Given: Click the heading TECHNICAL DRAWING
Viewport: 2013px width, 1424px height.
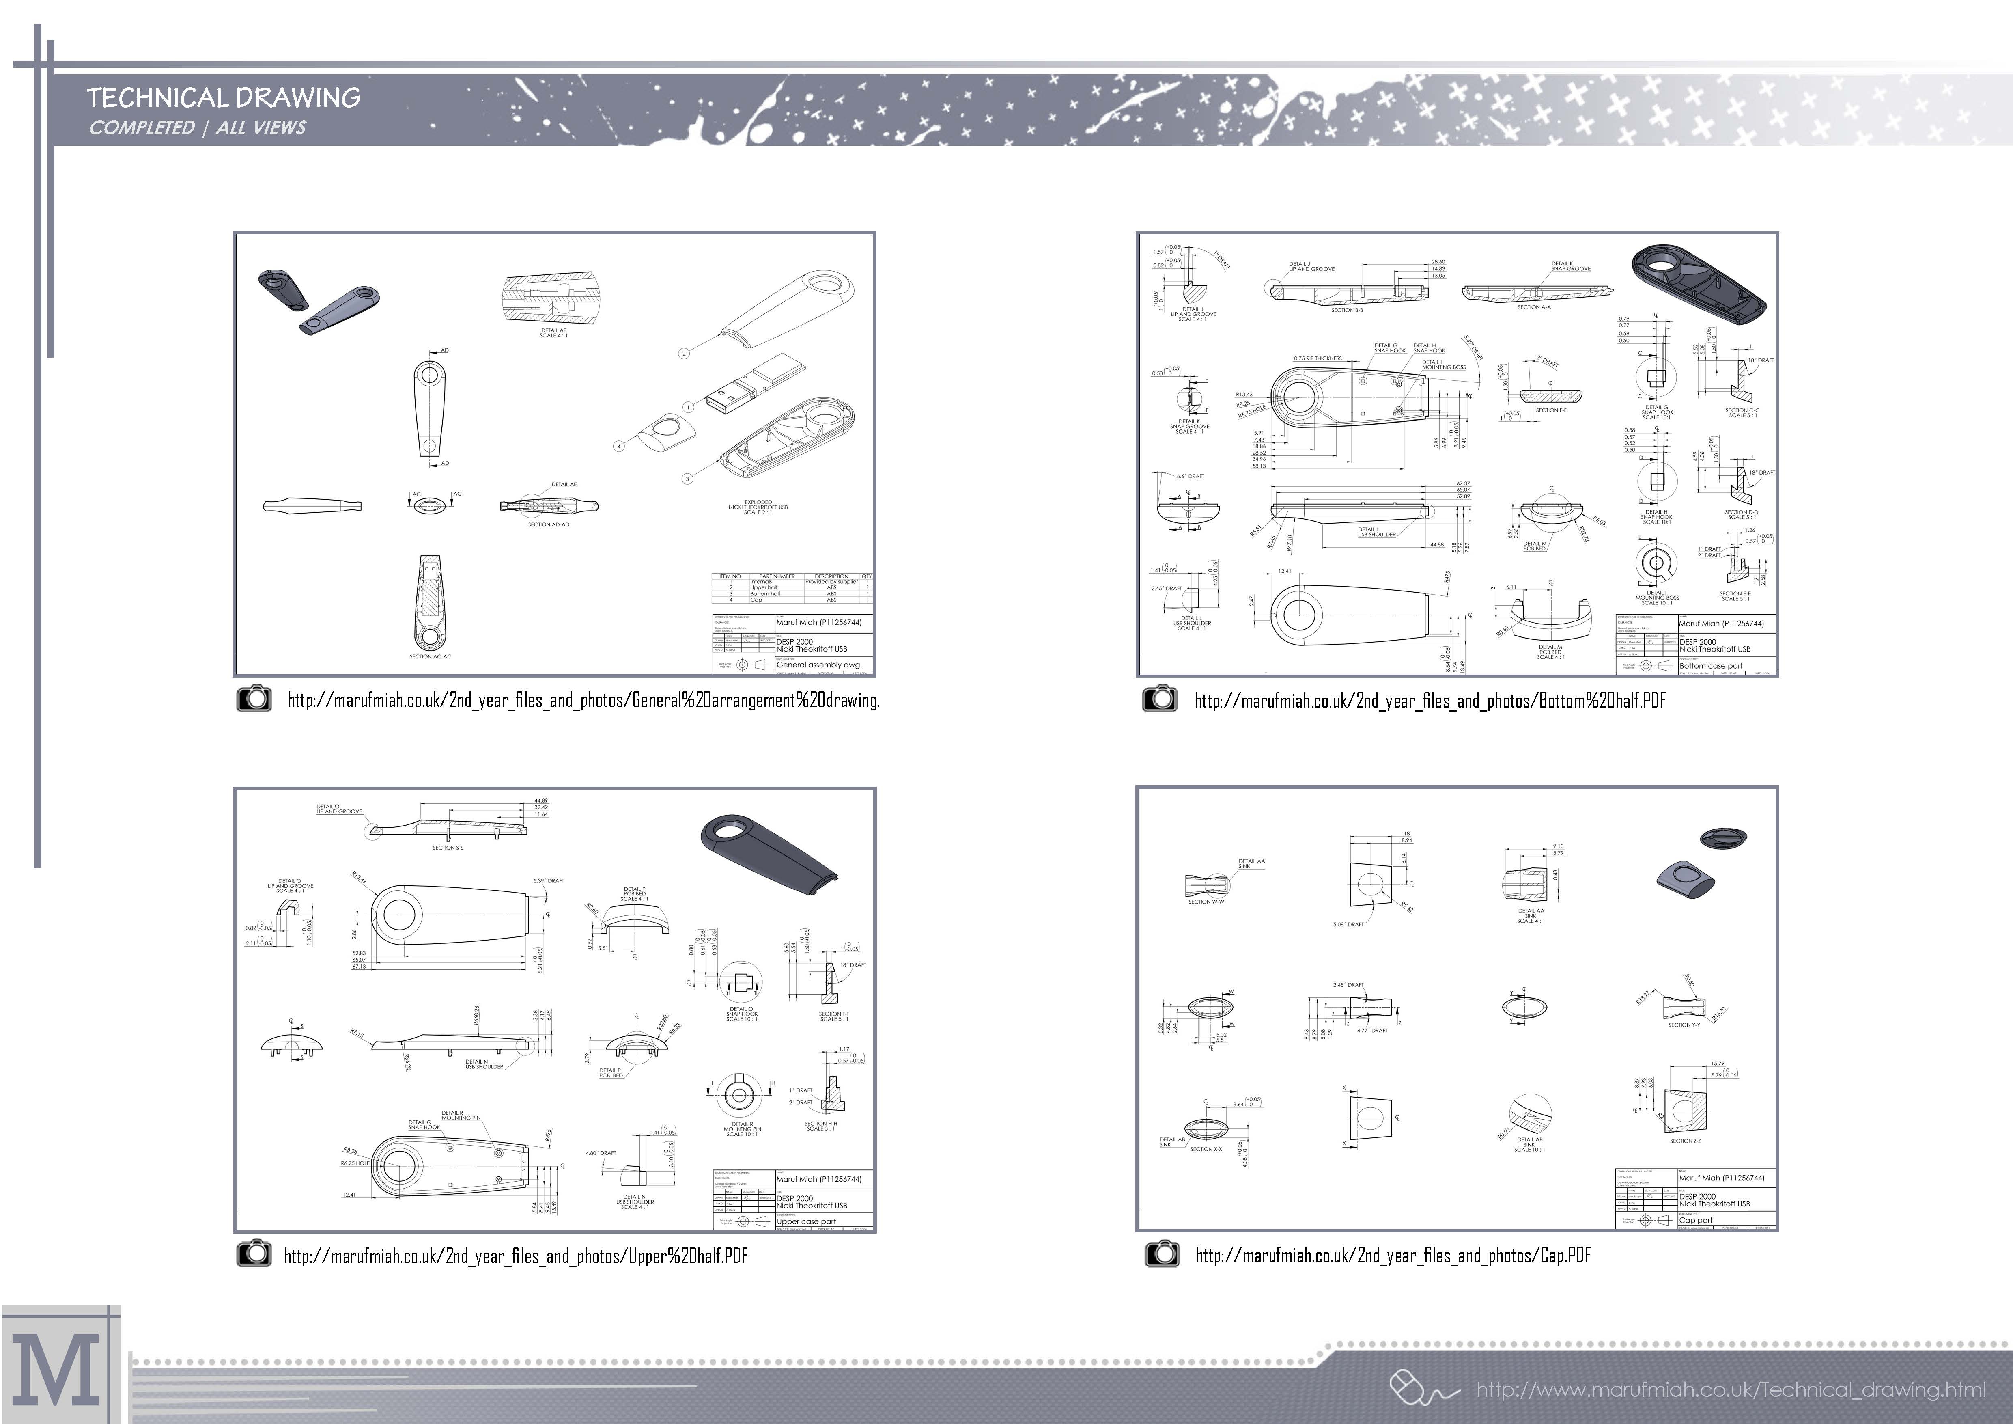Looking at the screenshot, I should pos(224,97).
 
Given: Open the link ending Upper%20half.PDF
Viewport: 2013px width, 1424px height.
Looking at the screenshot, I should pos(515,1256).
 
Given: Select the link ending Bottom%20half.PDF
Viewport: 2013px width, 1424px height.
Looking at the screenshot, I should pos(1429,701).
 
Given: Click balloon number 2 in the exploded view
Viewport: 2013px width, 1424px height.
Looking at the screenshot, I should pos(684,354).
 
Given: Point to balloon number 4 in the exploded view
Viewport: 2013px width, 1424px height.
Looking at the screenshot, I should pos(619,446).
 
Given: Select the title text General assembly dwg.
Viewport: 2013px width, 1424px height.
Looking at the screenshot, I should pos(819,665).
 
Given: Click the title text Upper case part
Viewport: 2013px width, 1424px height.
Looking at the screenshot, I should pos(806,1221).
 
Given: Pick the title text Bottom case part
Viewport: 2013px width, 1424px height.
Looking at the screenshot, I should pos(1711,666).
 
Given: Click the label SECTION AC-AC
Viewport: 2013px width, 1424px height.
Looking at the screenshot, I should pos(430,656).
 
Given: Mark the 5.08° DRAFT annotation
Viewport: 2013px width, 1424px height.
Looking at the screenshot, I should pos(1348,924).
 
